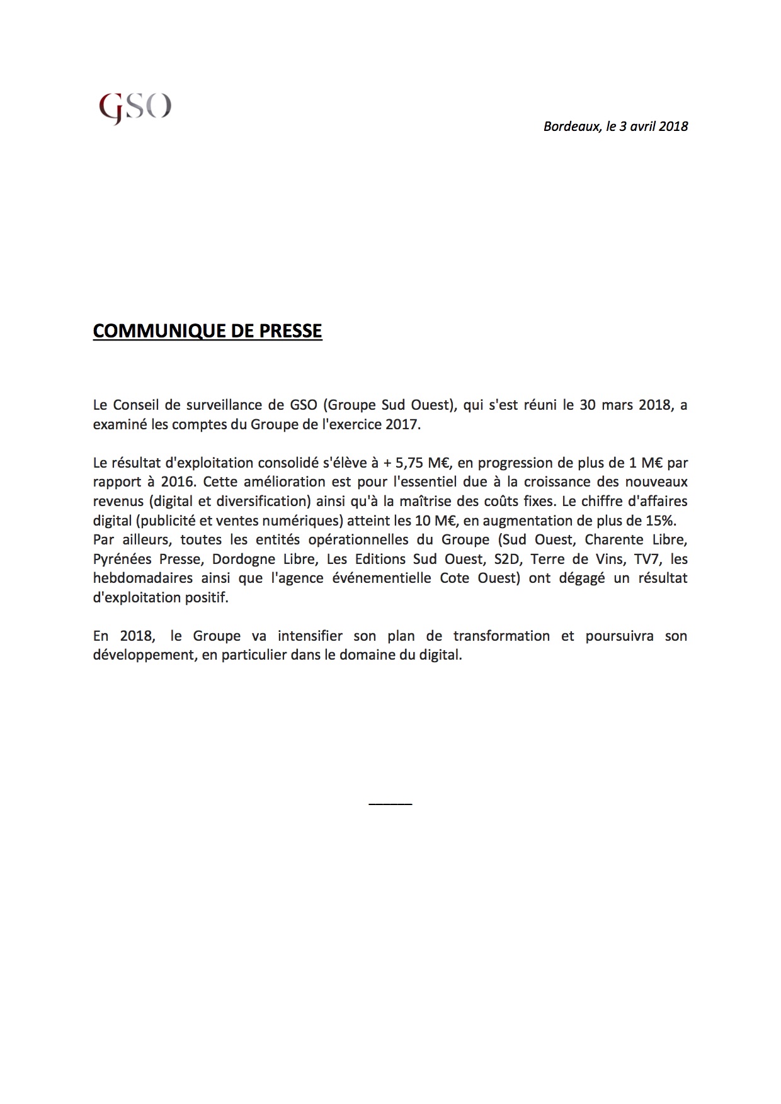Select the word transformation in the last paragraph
(x=501, y=636)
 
